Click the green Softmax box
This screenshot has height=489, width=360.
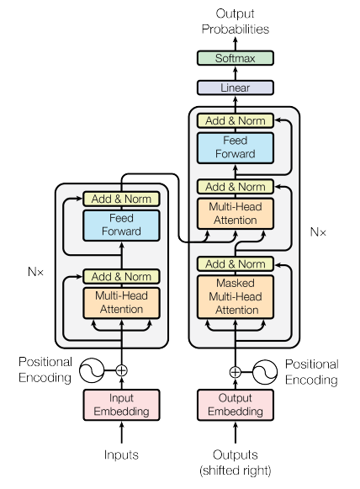pyautogui.click(x=235, y=58)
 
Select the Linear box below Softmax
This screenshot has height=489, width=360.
pyautogui.click(x=235, y=88)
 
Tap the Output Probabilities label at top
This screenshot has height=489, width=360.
pyautogui.click(x=235, y=22)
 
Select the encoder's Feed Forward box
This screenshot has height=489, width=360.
pyautogui.click(x=122, y=225)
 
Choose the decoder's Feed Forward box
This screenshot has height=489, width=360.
pyautogui.click(x=235, y=147)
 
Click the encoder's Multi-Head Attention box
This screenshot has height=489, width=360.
pyautogui.click(x=122, y=303)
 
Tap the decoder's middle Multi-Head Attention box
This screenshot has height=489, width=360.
pyautogui.click(x=235, y=212)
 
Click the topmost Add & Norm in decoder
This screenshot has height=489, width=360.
pyautogui.click(x=235, y=120)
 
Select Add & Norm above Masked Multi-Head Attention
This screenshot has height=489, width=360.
pyautogui.click(x=235, y=264)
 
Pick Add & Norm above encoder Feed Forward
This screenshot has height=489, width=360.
pyautogui.click(x=122, y=199)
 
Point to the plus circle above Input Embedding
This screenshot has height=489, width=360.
pyautogui.click(x=122, y=369)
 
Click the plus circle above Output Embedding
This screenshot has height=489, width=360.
pyautogui.click(x=235, y=370)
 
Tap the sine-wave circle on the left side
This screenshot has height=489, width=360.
pyautogui.click(x=91, y=369)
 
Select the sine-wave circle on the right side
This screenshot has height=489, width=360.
pyautogui.click(x=266, y=370)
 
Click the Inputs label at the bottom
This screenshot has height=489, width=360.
pyautogui.click(x=122, y=455)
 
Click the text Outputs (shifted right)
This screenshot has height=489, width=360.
pyautogui.click(x=235, y=462)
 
